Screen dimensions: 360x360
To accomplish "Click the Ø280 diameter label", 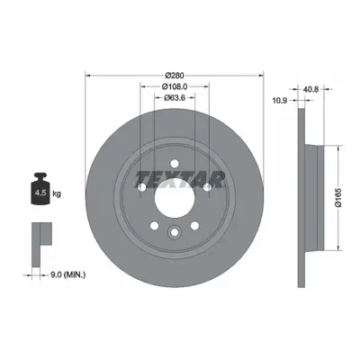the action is coord(175,75).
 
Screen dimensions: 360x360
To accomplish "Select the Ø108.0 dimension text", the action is coord(175,86).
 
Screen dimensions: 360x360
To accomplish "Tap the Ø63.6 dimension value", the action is coord(174,97).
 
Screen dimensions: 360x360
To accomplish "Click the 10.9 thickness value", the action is coord(280,101).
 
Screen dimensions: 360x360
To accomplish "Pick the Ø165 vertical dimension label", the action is coord(338,198).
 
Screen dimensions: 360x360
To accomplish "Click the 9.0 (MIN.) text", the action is coord(67,274).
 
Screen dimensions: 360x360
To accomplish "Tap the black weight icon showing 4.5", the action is coord(40,189).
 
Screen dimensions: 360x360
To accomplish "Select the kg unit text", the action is coord(57,193).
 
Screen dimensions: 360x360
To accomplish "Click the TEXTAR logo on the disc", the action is coord(180,180).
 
